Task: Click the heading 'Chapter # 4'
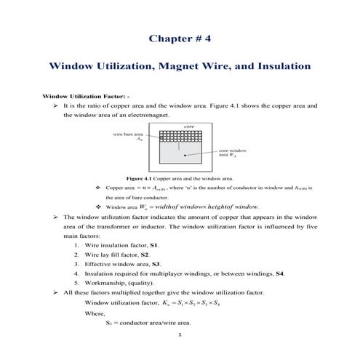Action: coord(180,37)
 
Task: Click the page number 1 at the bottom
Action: coord(180,335)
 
